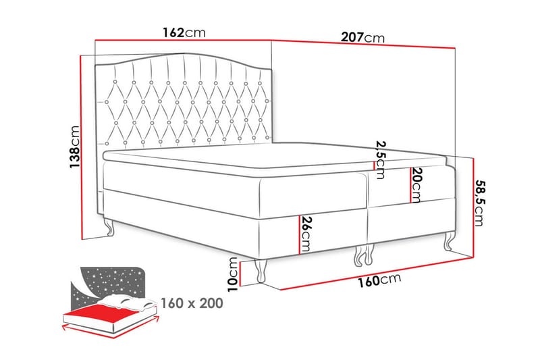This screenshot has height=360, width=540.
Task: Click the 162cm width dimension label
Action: point(184,32)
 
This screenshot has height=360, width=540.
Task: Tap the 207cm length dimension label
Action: point(362,38)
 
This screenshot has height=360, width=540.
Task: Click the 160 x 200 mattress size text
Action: point(191,303)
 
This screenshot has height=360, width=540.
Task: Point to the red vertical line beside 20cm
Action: point(409,185)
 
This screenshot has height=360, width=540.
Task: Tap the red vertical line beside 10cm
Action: point(241,272)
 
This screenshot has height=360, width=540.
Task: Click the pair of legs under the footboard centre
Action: point(362,255)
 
